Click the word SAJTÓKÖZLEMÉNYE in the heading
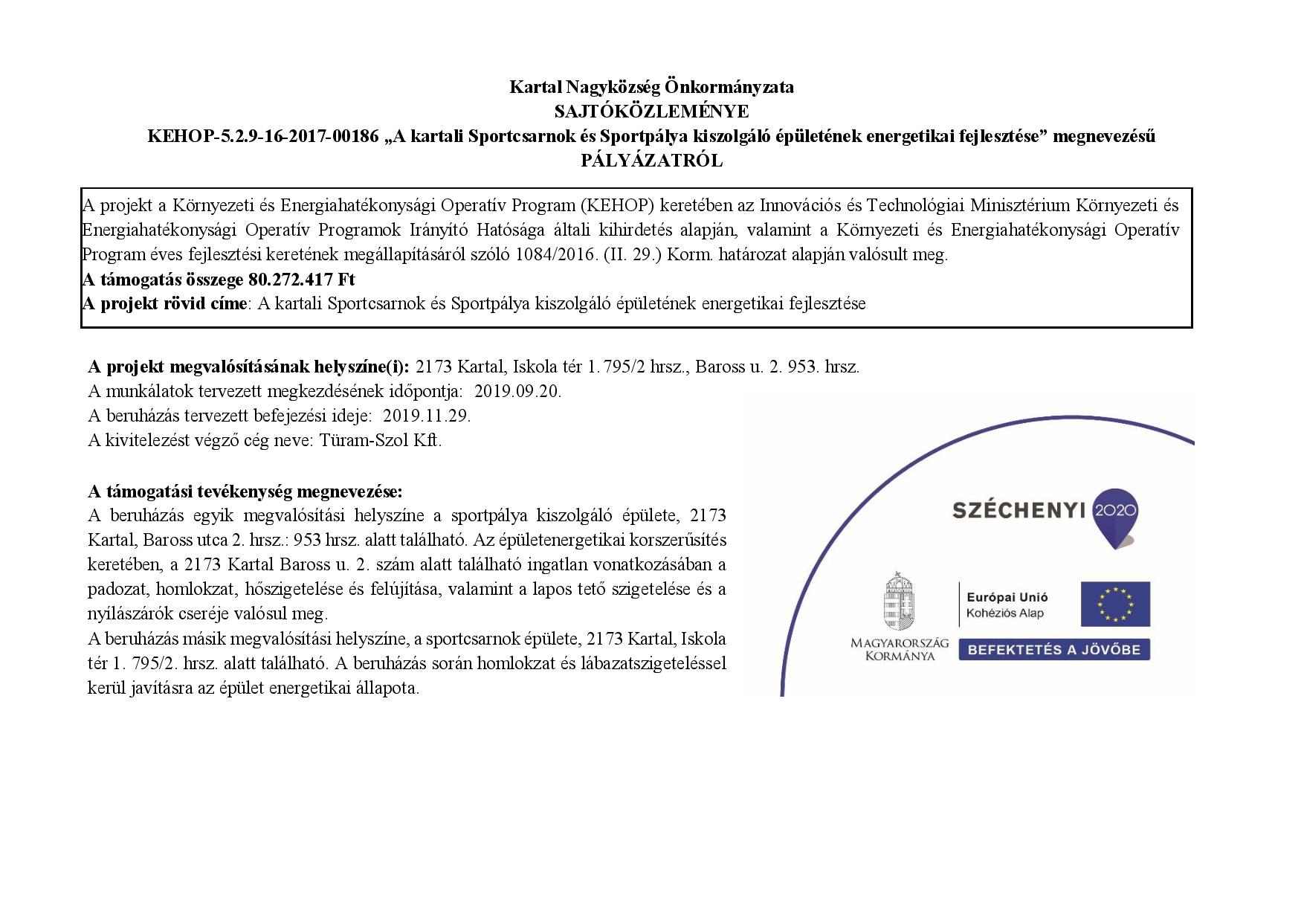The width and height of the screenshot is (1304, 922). tap(651, 112)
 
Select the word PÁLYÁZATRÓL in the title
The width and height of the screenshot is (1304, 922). tap(651, 161)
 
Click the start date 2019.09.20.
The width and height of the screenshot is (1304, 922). tap(517, 391)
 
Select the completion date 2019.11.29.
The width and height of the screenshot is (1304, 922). tap(427, 416)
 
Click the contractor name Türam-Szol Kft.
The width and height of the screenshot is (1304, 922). tap(381, 440)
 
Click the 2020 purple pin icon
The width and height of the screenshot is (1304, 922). tap(1117, 515)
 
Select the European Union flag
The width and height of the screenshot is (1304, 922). tap(1115, 604)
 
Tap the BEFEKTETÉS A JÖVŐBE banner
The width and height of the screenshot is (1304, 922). tap(1053, 649)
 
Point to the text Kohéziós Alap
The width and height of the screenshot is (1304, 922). tap(1004, 613)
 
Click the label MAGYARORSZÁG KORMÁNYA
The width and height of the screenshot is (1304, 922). tap(900, 649)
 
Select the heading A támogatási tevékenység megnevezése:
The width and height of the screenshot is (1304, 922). tap(245, 491)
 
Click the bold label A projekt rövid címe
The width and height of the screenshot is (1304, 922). tap(164, 304)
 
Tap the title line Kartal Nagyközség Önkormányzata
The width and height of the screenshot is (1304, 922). tap(651, 87)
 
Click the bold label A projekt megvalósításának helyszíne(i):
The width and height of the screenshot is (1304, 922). tap(248, 367)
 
